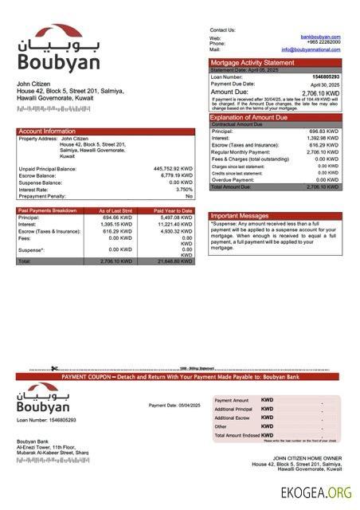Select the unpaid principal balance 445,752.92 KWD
coord(173,169)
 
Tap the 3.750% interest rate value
coord(184,189)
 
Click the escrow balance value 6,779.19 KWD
coord(176,175)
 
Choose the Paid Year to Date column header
coord(173,211)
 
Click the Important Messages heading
coord(240,216)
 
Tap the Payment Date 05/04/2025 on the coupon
coord(174,406)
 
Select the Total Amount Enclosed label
coord(236,435)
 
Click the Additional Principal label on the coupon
coord(233,409)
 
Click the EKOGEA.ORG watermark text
coord(316,493)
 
